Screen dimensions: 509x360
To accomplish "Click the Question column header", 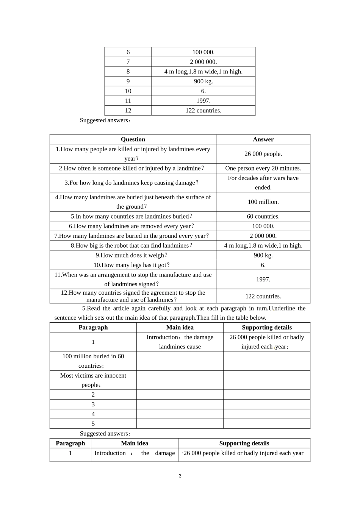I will pyautogui.click(x=133, y=139).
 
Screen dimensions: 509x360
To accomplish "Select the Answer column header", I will pyautogui.click(x=263, y=139).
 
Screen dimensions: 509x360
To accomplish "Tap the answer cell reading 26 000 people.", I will pyautogui.click(x=263, y=154).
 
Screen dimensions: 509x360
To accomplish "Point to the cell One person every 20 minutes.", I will pyautogui.click(x=263, y=169).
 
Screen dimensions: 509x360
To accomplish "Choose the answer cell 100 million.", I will pyautogui.click(x=263, y=202).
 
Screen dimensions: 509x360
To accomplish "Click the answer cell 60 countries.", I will pyautogui.click(x=263, y=217).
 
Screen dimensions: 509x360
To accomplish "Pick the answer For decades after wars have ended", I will pyautogui.click(x=263, y=183).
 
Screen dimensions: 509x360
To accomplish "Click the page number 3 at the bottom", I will pyautogui.click(x=180, y=476).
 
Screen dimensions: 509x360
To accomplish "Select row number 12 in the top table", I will pyautogui.click(x=128, y=111).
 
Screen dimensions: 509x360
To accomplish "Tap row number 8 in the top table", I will pyautogui.click(x=128, y=72).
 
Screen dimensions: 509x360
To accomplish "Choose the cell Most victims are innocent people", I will pyautogui.click(x=93, y=380).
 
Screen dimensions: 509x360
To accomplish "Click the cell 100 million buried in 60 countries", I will pyautogui.click(x=93, y=361).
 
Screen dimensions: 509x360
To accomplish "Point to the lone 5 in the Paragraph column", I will pyautogui.click(x=93, y=424).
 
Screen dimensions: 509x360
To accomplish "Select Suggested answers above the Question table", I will pyautogui.click(x=105, y=120).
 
